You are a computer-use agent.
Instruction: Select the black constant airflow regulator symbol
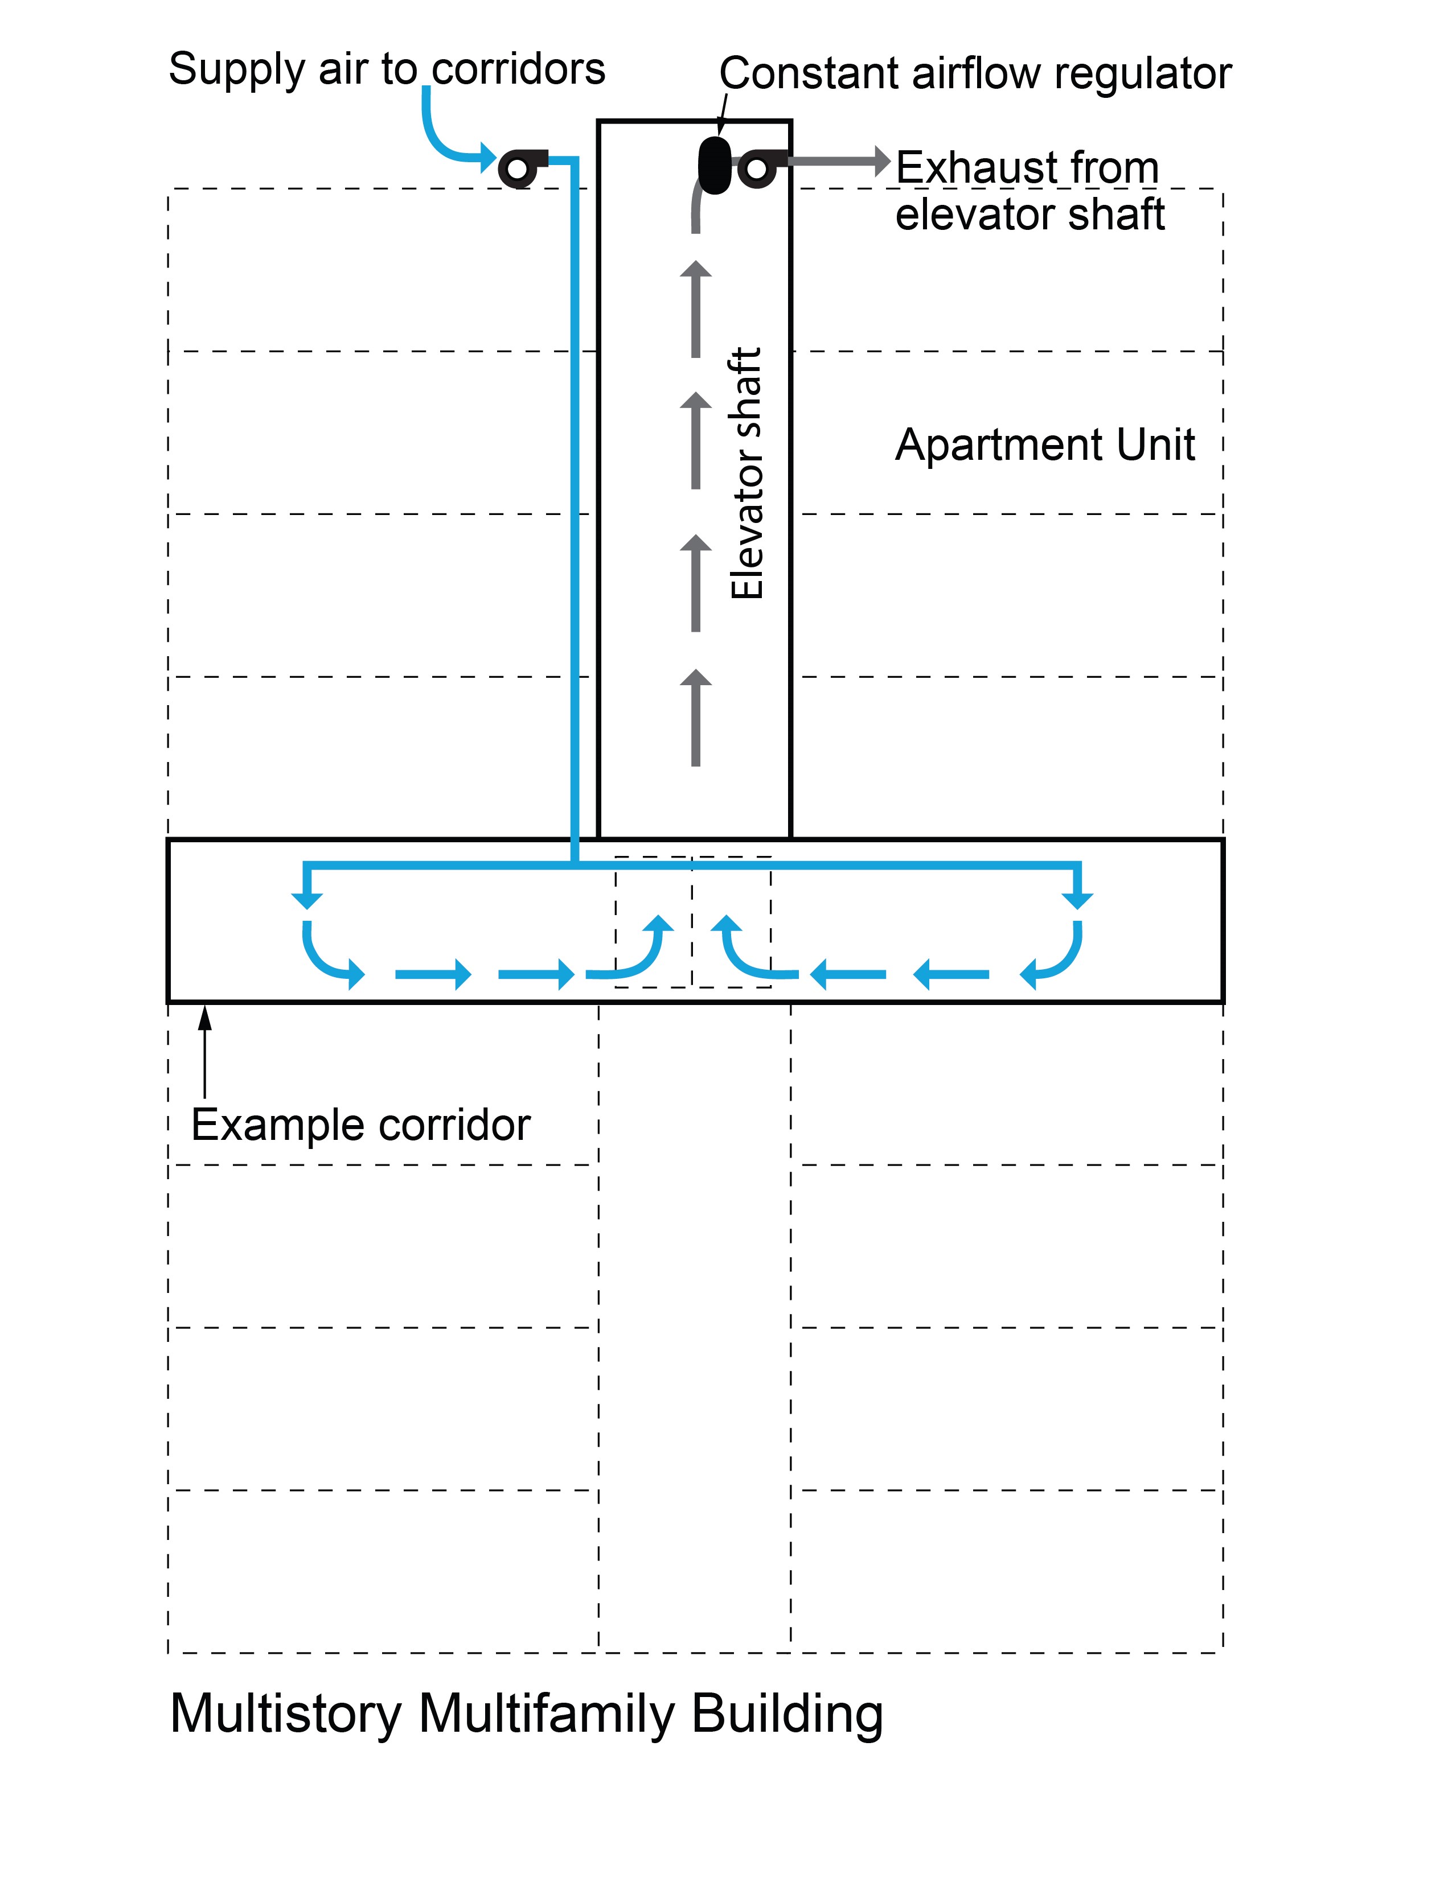click(714, 163)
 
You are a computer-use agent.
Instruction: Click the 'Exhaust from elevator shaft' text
click(1029, 191)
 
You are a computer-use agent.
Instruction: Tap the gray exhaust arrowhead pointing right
click(881, 161)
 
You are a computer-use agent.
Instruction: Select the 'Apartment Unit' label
click(1044, 446)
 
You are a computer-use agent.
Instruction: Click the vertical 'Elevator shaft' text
click(746, 473)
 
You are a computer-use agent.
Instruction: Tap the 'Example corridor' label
click(360, 1125)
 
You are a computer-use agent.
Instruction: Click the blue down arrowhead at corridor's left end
click(307, 899)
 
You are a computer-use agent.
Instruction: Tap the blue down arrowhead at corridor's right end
click(1077, 899)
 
